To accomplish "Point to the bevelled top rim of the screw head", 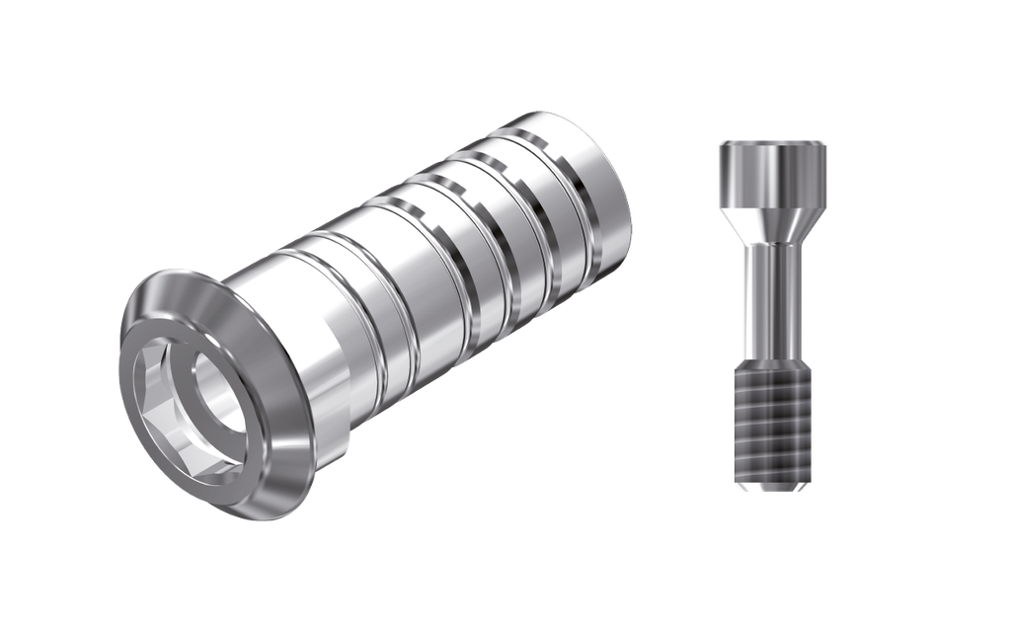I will pyautogui.click(x=773, y=144).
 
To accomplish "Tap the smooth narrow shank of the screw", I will pyautogui.click(x=773, y=296).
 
